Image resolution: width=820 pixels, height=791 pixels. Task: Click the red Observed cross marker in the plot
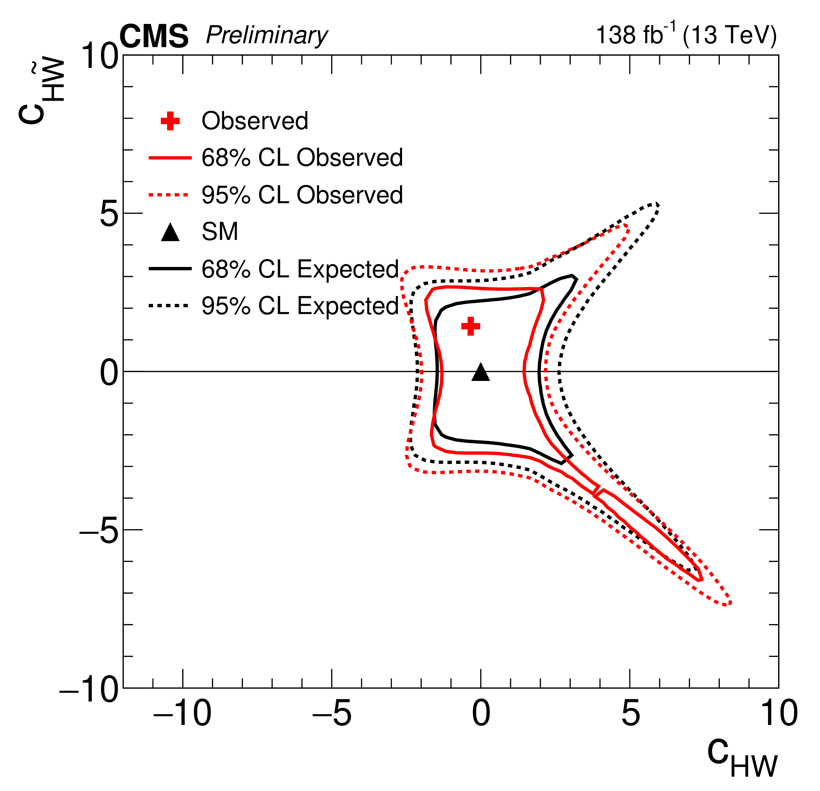471,326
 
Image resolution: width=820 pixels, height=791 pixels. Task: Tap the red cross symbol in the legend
170,121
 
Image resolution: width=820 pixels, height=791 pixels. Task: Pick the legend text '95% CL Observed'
302,195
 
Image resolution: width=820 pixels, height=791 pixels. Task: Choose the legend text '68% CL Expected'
300,269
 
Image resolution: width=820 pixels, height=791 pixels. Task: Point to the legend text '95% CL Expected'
300,306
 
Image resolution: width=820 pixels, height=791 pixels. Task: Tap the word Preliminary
267,36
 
